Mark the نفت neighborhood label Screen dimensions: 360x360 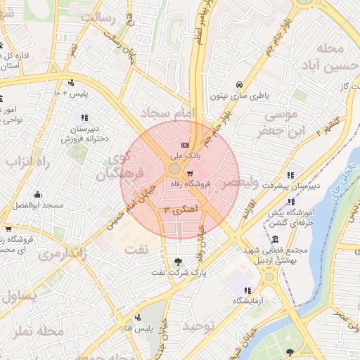(x=136, y=248)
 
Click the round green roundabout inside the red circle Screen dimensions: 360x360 (x=174, y=169)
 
